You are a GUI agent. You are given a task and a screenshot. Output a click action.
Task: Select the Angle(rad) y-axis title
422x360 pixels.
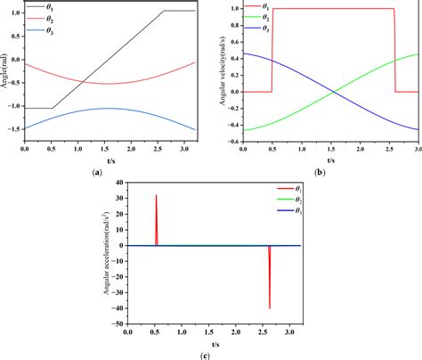pos(7,73)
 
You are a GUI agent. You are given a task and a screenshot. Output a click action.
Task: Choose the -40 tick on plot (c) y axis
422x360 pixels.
pos(118,308)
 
